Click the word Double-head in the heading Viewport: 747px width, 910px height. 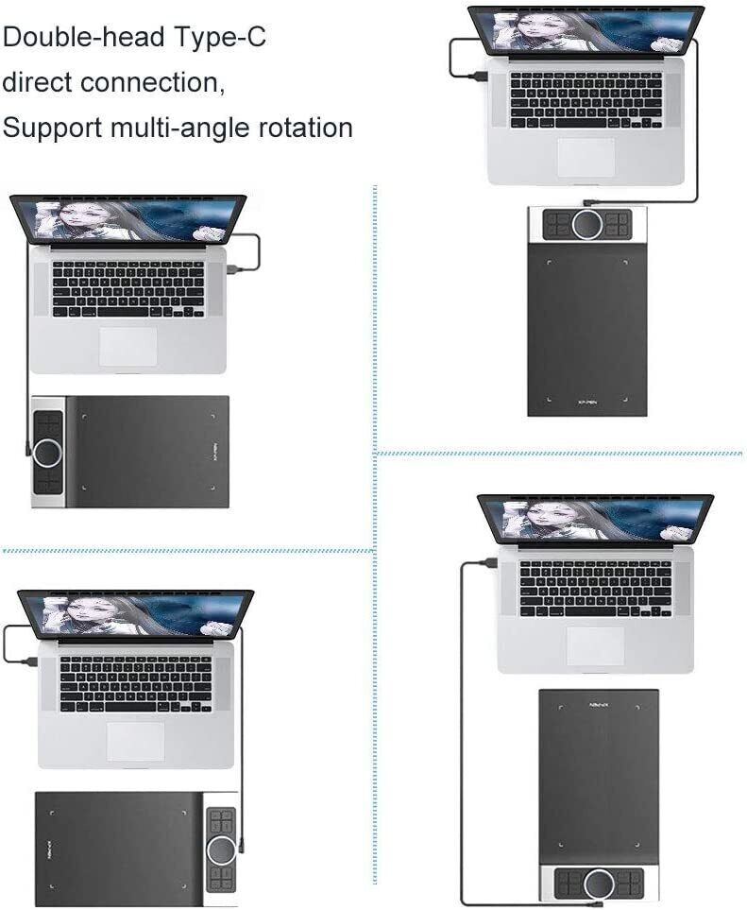pos(84,38)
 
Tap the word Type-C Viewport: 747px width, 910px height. pos(220,38)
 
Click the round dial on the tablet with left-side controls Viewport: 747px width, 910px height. pos(47,453)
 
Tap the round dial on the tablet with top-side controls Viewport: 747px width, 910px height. pos(586,224)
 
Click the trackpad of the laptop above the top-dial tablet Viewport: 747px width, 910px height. pos(586,157)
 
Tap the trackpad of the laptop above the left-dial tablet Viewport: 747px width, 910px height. pos(127,346)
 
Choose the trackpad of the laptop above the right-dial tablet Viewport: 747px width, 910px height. pos(135,741)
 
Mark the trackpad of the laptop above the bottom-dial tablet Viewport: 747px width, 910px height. pos(595,644)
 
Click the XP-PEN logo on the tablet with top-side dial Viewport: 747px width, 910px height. pos(586,401)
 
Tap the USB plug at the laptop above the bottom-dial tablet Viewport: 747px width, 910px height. pos(488,562)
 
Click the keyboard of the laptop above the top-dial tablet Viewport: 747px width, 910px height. pos(586,100)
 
